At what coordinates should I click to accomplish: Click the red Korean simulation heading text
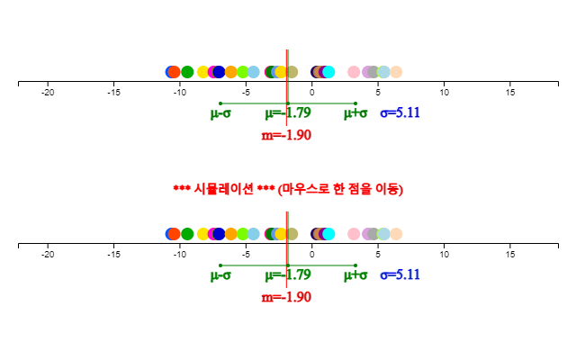coord(288,189)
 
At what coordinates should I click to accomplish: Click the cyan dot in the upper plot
coord(328,72)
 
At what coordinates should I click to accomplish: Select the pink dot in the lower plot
coord(354,234)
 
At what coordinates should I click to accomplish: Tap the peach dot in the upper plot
coord(396,72)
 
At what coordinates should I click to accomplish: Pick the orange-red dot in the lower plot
coord(174,234)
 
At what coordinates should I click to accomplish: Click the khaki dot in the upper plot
coord(292,72)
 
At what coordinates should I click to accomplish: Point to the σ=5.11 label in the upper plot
coord(400,112)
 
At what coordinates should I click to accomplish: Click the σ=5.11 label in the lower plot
coord(400,274)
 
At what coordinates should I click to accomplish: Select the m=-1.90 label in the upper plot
coord(286,135)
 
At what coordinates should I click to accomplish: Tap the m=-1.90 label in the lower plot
coord(286,297)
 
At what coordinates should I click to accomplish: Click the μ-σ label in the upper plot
coord(220,113)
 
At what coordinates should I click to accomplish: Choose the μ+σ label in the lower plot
coord(355,275)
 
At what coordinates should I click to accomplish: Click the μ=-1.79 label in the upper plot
coord(288,112)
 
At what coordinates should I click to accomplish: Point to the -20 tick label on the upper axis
coord(48,93)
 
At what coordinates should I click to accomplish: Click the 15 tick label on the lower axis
coord(510,255)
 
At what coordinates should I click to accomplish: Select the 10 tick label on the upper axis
coord(444,93)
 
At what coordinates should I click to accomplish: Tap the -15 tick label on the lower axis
coord(114,255)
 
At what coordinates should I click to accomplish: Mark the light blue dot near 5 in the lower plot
coord(383,234)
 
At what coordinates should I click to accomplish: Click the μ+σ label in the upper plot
coord(355,113)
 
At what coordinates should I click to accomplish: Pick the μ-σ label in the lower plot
coord(220,275)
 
